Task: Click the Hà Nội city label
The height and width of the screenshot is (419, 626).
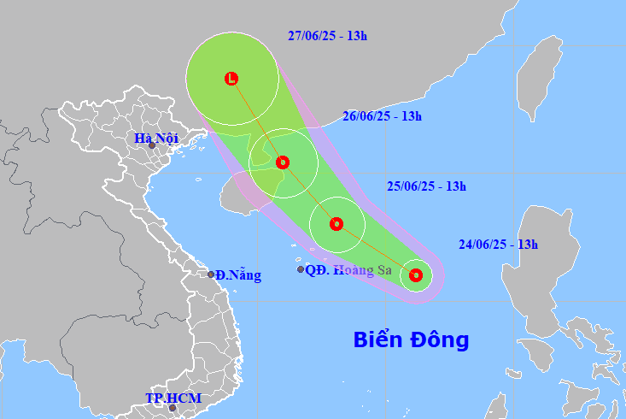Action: (155, 137)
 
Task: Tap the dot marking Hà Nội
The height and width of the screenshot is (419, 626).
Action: (152, 146)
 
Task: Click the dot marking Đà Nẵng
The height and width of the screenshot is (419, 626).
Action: (211, 274)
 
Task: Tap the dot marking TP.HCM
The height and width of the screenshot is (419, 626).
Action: (173, 408)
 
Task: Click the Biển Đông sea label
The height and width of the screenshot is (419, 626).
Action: (411, 339)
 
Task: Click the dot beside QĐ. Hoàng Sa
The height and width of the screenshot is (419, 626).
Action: (301, 269)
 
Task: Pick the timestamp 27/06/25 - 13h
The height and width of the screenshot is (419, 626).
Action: (327, 36)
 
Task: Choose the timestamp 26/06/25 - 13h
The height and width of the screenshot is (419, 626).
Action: (382, 116)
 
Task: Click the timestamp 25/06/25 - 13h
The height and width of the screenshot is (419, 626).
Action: (426, 186)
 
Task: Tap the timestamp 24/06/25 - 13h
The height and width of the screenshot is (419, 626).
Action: (498, 245)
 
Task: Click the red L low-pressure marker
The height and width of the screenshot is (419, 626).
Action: (231, 79)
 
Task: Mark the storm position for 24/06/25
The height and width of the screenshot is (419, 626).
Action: (416, 274)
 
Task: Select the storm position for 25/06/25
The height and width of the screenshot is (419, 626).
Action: (336, 224)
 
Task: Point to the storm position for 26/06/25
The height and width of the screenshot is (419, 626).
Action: (283, 162)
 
